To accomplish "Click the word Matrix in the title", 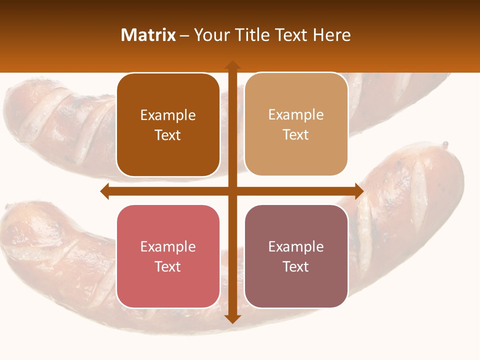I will point(148,35).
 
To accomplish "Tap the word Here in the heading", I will point(332,35).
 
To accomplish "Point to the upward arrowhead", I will point(232,65).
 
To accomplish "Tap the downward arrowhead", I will point(232,319).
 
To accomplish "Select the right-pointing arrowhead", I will point(359,191).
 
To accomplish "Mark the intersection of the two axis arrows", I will point(232,191).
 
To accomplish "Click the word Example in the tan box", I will point(296,114).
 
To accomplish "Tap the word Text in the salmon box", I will point(168,266).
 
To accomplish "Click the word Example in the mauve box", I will point(296,246).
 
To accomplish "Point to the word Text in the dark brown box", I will point(168,135).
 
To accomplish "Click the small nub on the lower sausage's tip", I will point(445,145).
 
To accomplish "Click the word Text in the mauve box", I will point(296,266).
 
